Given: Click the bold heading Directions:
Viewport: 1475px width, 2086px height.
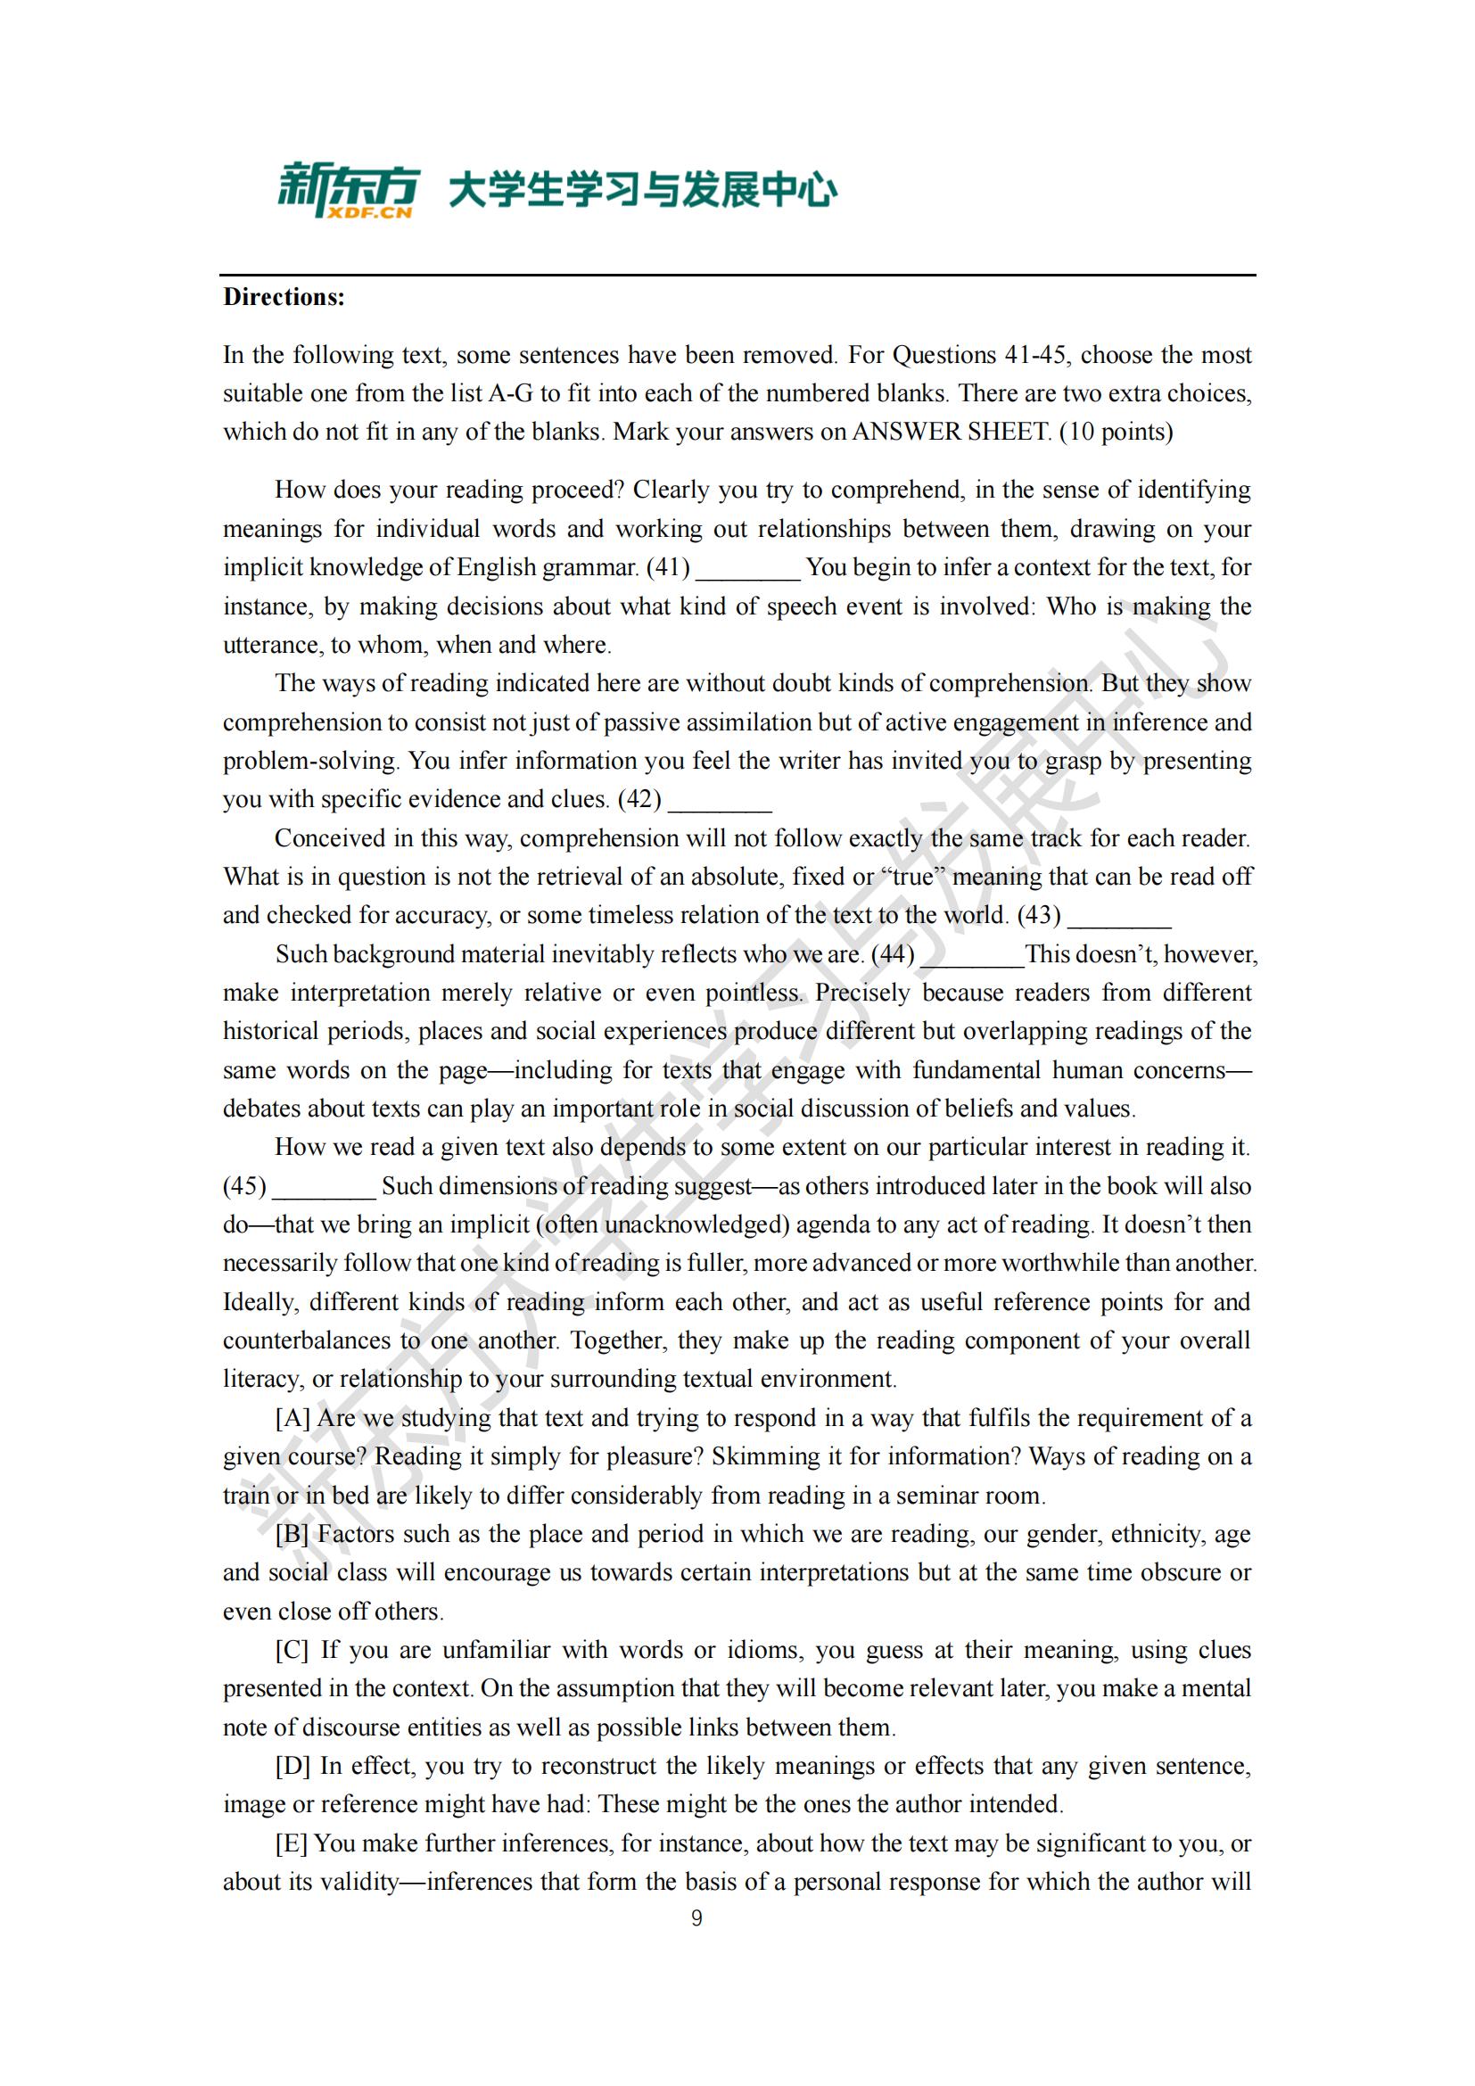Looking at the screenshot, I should pyautogui.click(x=284, y=297).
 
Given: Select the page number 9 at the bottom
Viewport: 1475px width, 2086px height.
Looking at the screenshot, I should pyautogui.click(x=696, y=1918).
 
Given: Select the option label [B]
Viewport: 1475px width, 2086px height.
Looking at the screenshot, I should pyautogui.click(x=293, y=1535).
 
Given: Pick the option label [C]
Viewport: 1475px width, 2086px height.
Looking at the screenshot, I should pyautogui.click(x=293, y=1650).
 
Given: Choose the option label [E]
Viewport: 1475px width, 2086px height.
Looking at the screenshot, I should pyautogui.click(x=292, y=1843).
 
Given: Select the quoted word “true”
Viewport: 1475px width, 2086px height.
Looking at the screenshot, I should pyautogui.click(x=912, y=878).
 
